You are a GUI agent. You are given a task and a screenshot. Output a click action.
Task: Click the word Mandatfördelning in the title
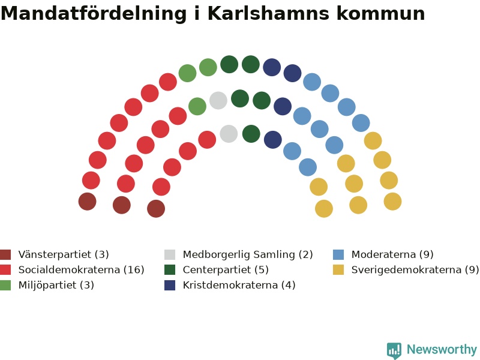94,13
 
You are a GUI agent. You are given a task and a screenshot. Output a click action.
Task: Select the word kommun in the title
381,13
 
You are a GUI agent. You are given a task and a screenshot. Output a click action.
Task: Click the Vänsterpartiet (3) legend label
64,254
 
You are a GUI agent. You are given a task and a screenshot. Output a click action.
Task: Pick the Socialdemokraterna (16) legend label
82,269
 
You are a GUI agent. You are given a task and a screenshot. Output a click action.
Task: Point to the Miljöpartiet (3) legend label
56,285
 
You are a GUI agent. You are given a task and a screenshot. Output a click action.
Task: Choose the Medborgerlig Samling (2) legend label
248,254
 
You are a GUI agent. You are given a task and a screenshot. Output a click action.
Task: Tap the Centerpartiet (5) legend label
226,269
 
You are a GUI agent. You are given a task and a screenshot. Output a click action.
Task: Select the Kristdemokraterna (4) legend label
239,285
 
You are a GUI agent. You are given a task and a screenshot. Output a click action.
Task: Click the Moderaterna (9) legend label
392,254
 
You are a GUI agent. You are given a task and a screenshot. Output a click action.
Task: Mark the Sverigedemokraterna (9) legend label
415,269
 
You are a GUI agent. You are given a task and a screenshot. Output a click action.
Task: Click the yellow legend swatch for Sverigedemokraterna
338,269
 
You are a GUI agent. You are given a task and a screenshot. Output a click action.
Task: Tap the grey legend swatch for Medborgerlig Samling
170,254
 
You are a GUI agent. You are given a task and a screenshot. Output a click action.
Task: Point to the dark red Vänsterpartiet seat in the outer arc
88,202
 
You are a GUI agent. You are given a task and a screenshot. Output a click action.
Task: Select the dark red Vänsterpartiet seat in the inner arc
156,209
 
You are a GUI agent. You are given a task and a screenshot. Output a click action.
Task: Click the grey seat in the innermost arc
229,134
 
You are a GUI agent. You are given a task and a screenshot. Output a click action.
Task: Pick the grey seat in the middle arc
218,100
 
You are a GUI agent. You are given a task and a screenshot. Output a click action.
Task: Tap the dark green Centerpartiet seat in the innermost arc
251,134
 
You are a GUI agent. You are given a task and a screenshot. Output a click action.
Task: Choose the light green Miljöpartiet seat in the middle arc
197,107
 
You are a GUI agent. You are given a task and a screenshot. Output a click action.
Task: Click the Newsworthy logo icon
394,350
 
